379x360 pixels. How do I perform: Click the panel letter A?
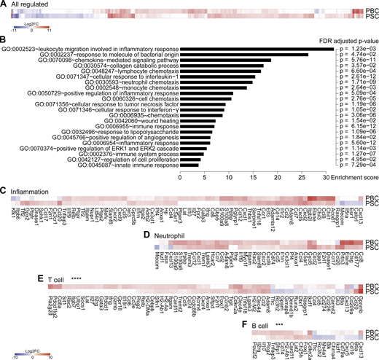coord(4,4)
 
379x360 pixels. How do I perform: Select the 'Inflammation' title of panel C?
coord(34,191)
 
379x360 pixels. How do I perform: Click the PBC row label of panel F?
coord(370,331)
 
